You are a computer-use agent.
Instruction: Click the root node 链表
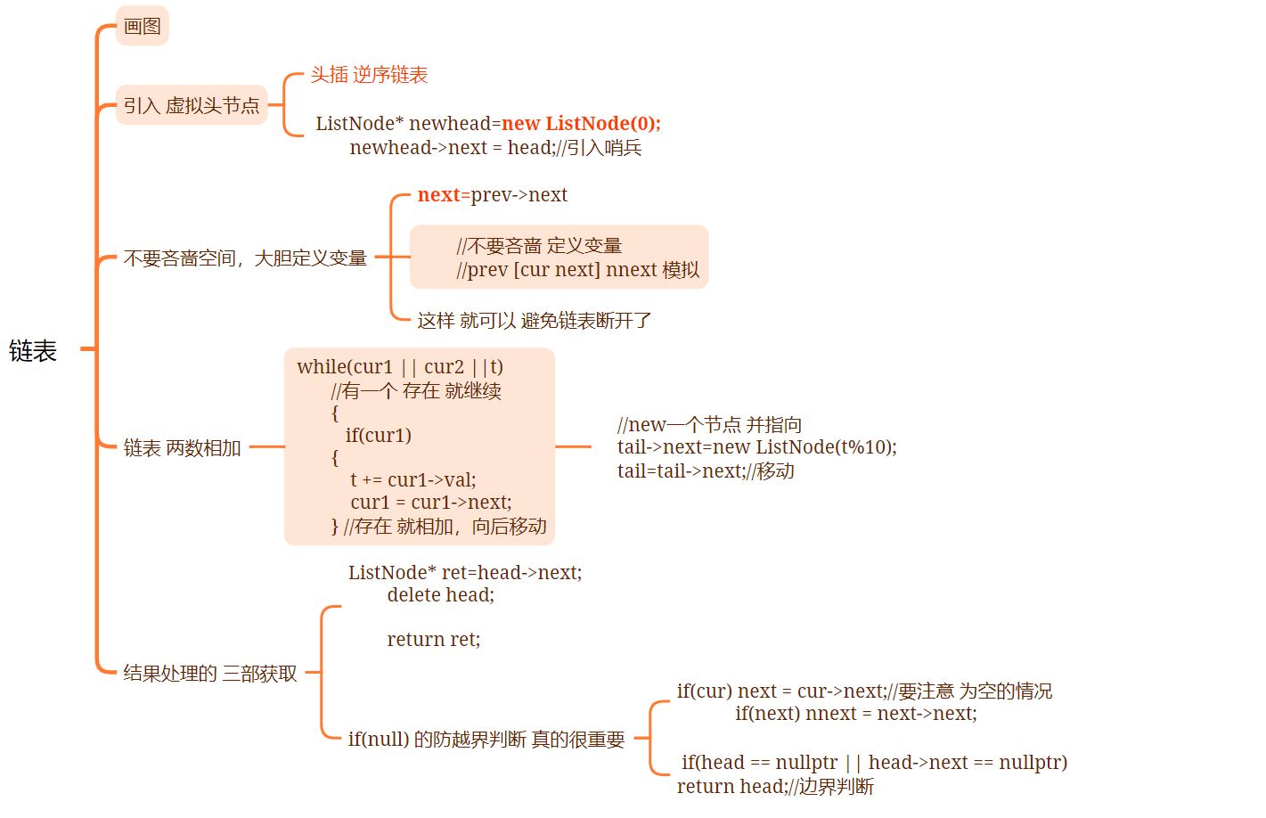tap(33, 351)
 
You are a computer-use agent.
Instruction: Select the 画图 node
tap(143, 27)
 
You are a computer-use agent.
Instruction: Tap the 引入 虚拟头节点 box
tap(192, 106)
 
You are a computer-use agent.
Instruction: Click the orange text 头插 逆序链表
tap(369, 75)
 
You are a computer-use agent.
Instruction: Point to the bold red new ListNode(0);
tap(581, 123)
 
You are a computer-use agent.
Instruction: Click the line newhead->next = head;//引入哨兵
tap(495, 148)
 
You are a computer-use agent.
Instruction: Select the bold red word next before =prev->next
tap(438, 195)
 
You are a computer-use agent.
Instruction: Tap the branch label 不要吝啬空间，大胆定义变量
tap(245, 258)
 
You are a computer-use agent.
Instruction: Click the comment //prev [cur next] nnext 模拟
tap(577, 270)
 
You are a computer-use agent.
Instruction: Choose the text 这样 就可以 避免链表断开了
tap(535, 321)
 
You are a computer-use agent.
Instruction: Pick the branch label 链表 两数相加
tap(183, 448)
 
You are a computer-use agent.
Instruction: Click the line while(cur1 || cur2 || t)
tap(400, 367)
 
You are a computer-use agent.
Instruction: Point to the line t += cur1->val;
tap(413, 480)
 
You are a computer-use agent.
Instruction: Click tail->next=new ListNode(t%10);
tap(756, 447)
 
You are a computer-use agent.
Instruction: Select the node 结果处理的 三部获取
tap(210, 674)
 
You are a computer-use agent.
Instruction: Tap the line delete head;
tap(440, 595)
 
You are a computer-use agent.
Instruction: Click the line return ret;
tap(433, 640)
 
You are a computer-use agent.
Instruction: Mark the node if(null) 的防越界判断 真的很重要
tap(486, 740)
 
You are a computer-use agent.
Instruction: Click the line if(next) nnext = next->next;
tap(855, 714)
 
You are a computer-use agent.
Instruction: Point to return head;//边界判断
tap(775, 787)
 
